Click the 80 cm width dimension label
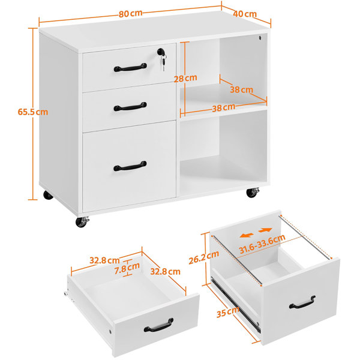130,14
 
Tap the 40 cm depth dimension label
245,14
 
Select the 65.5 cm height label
33,112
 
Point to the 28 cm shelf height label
185,78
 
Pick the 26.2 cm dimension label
203,257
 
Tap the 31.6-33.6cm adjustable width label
262,244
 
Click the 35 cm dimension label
228,312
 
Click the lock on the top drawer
160,51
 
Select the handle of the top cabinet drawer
130,67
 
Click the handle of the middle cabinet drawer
130,107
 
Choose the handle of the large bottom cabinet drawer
130,166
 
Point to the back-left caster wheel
48,194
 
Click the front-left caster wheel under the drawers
82,221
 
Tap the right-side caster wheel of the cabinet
253,192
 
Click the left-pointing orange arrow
247,235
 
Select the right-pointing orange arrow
265,230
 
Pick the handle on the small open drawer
158,325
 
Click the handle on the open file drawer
302,302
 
